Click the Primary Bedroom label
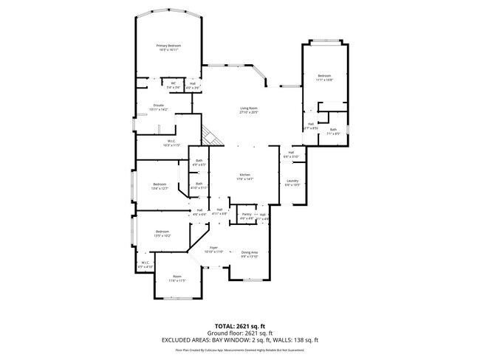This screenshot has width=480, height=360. tap(169, 46)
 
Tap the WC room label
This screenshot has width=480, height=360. tap(172, 83)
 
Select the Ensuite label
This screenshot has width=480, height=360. tap(158, 105)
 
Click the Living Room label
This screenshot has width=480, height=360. tap(248, 109)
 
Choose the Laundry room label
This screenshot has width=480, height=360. tap(292, 181)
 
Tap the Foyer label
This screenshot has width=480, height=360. tap(213, 248)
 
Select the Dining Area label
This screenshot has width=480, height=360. tap(250, 252)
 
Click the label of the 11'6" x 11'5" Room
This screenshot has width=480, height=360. tap(176, 277)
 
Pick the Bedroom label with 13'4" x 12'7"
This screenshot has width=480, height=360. tap(160, 184)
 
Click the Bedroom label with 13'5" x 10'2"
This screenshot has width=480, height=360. tap(162, 232)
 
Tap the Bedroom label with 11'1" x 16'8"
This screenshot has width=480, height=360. tap(325, 76)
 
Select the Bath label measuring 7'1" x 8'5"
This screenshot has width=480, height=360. tap(333, 130)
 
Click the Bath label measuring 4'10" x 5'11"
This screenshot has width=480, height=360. tap(199, 184)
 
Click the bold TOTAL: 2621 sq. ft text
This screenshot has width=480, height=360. tap(240, 325)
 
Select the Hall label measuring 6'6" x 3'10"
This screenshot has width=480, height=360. tap(292, 153)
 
